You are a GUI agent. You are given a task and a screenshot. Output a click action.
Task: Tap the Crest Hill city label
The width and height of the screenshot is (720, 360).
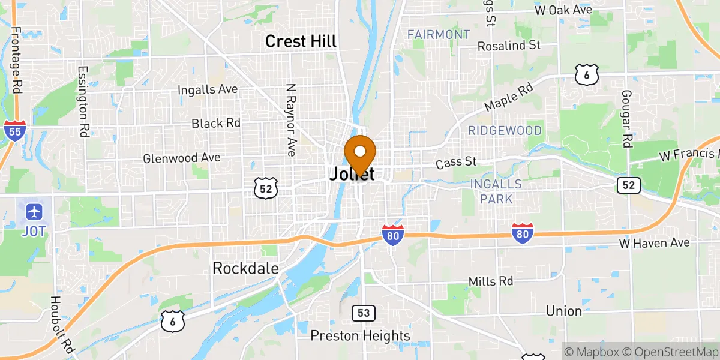point(301,41)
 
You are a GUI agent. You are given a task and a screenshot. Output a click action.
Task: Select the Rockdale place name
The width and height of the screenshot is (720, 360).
point(245,268)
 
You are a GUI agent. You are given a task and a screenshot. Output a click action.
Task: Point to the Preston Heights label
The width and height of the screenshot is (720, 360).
point(360,335)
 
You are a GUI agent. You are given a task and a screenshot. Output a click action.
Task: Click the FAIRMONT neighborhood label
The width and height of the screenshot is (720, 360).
point(438,34)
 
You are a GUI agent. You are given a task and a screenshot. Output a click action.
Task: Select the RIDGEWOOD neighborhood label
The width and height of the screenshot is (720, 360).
point(505,130)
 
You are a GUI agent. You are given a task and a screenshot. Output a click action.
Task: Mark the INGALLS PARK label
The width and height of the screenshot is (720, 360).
point(496,191)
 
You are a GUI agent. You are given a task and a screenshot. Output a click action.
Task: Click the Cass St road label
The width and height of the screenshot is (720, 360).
point(456,162)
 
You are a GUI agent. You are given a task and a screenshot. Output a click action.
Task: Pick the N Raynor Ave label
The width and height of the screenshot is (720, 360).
point(291,120)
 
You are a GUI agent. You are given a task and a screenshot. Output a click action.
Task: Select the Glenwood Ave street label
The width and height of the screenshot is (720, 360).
point(181,158)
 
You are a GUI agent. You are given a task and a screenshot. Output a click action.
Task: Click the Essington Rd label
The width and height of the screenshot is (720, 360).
point(82,101)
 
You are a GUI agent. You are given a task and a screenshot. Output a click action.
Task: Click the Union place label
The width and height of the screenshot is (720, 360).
point(563,311)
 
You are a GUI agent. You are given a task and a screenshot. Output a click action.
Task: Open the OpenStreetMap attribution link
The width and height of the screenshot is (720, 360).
point(670,352)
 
